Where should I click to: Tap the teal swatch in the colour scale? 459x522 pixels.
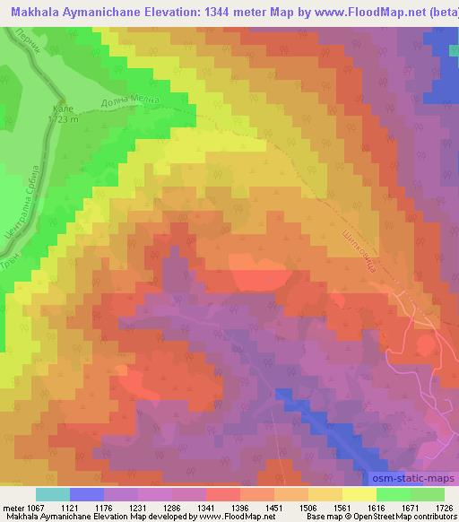[x=52, y=494]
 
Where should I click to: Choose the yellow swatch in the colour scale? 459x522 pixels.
[x=359, y=494]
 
